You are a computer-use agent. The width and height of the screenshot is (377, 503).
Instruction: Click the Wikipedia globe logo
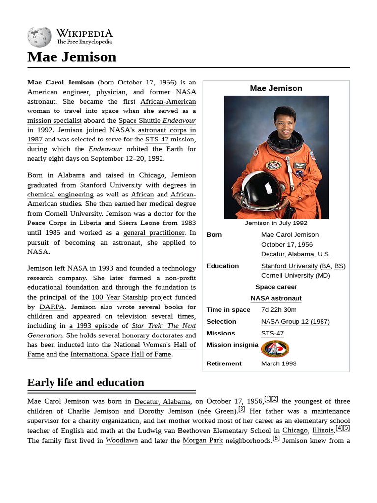[39, 36]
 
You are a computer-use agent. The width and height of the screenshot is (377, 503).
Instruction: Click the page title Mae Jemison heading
[72, 57]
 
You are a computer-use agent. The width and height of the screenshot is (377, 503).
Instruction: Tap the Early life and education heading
[86, 382]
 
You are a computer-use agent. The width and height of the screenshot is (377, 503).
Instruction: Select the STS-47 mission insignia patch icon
[275, 348]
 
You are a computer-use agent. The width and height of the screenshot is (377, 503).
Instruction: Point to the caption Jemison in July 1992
[276, 223]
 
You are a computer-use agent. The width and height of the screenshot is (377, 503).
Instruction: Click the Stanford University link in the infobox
[289, 266]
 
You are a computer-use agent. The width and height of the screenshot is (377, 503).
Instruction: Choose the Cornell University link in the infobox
[287, 276]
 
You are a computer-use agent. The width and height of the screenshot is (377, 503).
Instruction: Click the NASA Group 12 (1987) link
[295, 322]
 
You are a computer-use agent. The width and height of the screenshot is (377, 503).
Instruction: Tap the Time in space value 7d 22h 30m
[279, 310]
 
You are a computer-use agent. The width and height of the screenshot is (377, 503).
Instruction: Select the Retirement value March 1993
[279, 363]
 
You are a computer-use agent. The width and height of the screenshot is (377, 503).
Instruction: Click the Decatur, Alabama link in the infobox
[287, 254]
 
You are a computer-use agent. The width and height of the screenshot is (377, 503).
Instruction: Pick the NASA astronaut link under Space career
[276, 298]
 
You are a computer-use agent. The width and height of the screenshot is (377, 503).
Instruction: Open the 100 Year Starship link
[119, 297]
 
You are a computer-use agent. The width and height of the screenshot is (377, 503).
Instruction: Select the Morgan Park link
[202, 441]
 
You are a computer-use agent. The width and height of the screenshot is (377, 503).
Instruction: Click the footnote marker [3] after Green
[242, 409]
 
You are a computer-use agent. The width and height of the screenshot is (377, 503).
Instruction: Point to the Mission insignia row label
[232, 345]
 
